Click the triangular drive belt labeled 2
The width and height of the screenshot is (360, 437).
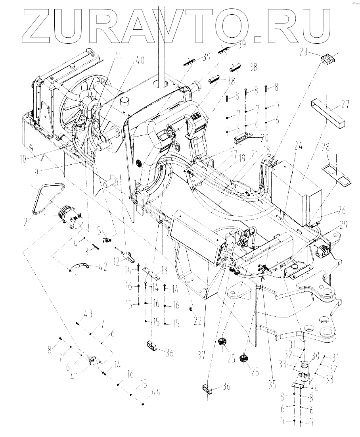pyautogui.click(x=45, y=198)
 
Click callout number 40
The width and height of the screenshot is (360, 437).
pyautogui.click(x=140, y=61)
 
